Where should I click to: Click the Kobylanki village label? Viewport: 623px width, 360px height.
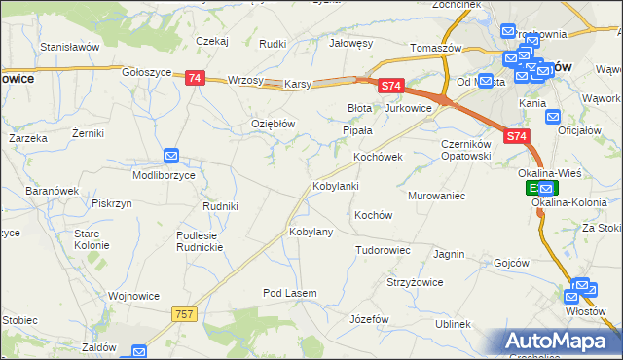pos(335,186)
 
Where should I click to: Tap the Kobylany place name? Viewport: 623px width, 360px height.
pos(311,233)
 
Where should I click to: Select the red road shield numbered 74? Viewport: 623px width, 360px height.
pos(194,78)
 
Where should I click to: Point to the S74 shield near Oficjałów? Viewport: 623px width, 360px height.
pos(517,138)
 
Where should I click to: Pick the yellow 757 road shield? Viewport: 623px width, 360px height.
pos(185,314)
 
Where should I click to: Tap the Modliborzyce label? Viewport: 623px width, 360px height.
pos(164,175)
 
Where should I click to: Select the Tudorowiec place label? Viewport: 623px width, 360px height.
pos(383,250)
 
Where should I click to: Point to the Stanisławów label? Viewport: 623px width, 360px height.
pos(70,46)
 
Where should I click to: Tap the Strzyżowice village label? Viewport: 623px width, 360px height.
pos(415,282)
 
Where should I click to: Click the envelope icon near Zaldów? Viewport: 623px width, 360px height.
pos(139,352)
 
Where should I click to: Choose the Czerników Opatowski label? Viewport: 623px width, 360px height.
pos(471,150)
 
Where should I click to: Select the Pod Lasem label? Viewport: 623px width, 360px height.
pos(286,293)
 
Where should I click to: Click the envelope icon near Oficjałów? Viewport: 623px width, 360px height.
pos(553,117)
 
